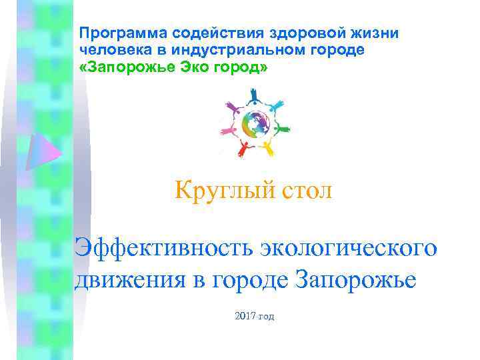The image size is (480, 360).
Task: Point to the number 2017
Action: tap(245, 315)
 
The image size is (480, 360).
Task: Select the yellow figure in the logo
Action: tap(269, 147)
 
